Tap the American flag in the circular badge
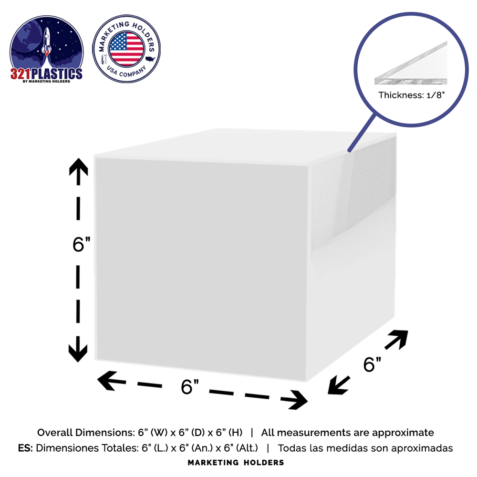click(x=126, y=49)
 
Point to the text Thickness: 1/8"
click(x=411, y=95)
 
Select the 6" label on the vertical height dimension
click(x=82, y=244)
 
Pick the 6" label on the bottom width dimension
click(x=190, y=387)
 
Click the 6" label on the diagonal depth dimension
click(x=372, y=364)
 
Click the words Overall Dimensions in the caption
click(x=85, y=432)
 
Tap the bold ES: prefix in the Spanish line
click(x=25, y=448)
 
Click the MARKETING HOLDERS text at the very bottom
click(x=236, y=463)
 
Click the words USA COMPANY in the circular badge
click(x=126, y=72)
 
